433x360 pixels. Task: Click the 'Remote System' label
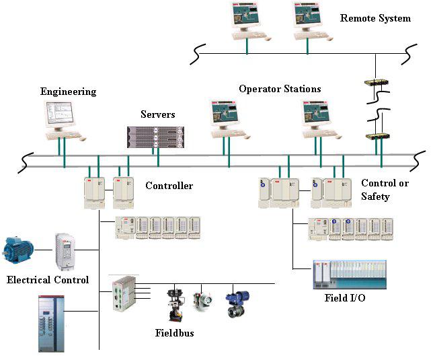[375, 18]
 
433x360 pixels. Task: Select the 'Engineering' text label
[68, 92]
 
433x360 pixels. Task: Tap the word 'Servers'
[157, 114]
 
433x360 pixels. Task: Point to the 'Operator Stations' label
[280, 89]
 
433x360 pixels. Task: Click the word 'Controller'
[169, 186]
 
